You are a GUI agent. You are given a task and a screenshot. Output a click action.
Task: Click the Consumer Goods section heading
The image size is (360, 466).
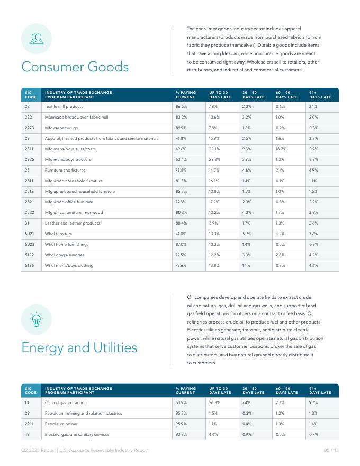pyautogui.click(x=75, y=67)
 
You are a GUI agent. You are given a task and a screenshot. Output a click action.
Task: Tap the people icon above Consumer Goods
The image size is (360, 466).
pyautogui.click(x=37, y=39)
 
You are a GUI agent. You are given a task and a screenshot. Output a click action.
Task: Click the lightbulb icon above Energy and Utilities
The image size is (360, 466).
pyautogui.click(x=37, y=319)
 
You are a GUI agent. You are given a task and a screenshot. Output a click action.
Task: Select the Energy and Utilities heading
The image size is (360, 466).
pyautogui.click(x=79, y=348)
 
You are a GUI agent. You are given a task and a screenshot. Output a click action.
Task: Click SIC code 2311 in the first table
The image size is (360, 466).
pyautogui.click(x=29, y=149)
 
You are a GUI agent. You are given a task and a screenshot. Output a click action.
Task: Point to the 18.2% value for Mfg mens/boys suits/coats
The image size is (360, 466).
pyautogui.click(x=281, y=149)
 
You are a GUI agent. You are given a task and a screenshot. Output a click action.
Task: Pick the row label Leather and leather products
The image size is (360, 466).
pyautogui.click(x=72, y=223)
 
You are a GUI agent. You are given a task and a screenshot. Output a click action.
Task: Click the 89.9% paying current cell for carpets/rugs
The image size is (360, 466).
pyautogui.click(x=181, y=128)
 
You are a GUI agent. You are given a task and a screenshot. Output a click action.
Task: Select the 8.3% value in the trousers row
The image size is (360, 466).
pyautogui.click(x=313, y=159)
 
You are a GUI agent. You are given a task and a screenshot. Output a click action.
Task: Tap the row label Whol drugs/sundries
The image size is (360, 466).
pyautogui.click(x=64, y=255)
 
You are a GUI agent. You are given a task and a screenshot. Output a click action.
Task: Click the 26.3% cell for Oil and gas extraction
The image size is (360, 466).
pyautogui.click(x=214, y=402)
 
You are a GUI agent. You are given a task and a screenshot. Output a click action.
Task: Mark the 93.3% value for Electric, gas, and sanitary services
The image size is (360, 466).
pyautogui.click(x=181, y=434)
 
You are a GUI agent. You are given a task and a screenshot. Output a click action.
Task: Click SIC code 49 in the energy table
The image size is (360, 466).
pyautogui.click(x=27, y=434)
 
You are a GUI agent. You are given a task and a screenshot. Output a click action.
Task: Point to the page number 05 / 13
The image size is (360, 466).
pyautogui.click(x=331, y=450)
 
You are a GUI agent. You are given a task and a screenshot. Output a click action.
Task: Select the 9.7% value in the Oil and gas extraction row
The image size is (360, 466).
pyautogui.click(x=313, y=402)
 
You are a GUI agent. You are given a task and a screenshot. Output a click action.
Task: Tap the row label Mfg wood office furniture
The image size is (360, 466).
pyautogui.click(x=69, y=202)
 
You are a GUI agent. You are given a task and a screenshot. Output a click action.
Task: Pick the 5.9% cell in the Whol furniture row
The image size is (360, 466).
pyautogui.click(x=247, y=234)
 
